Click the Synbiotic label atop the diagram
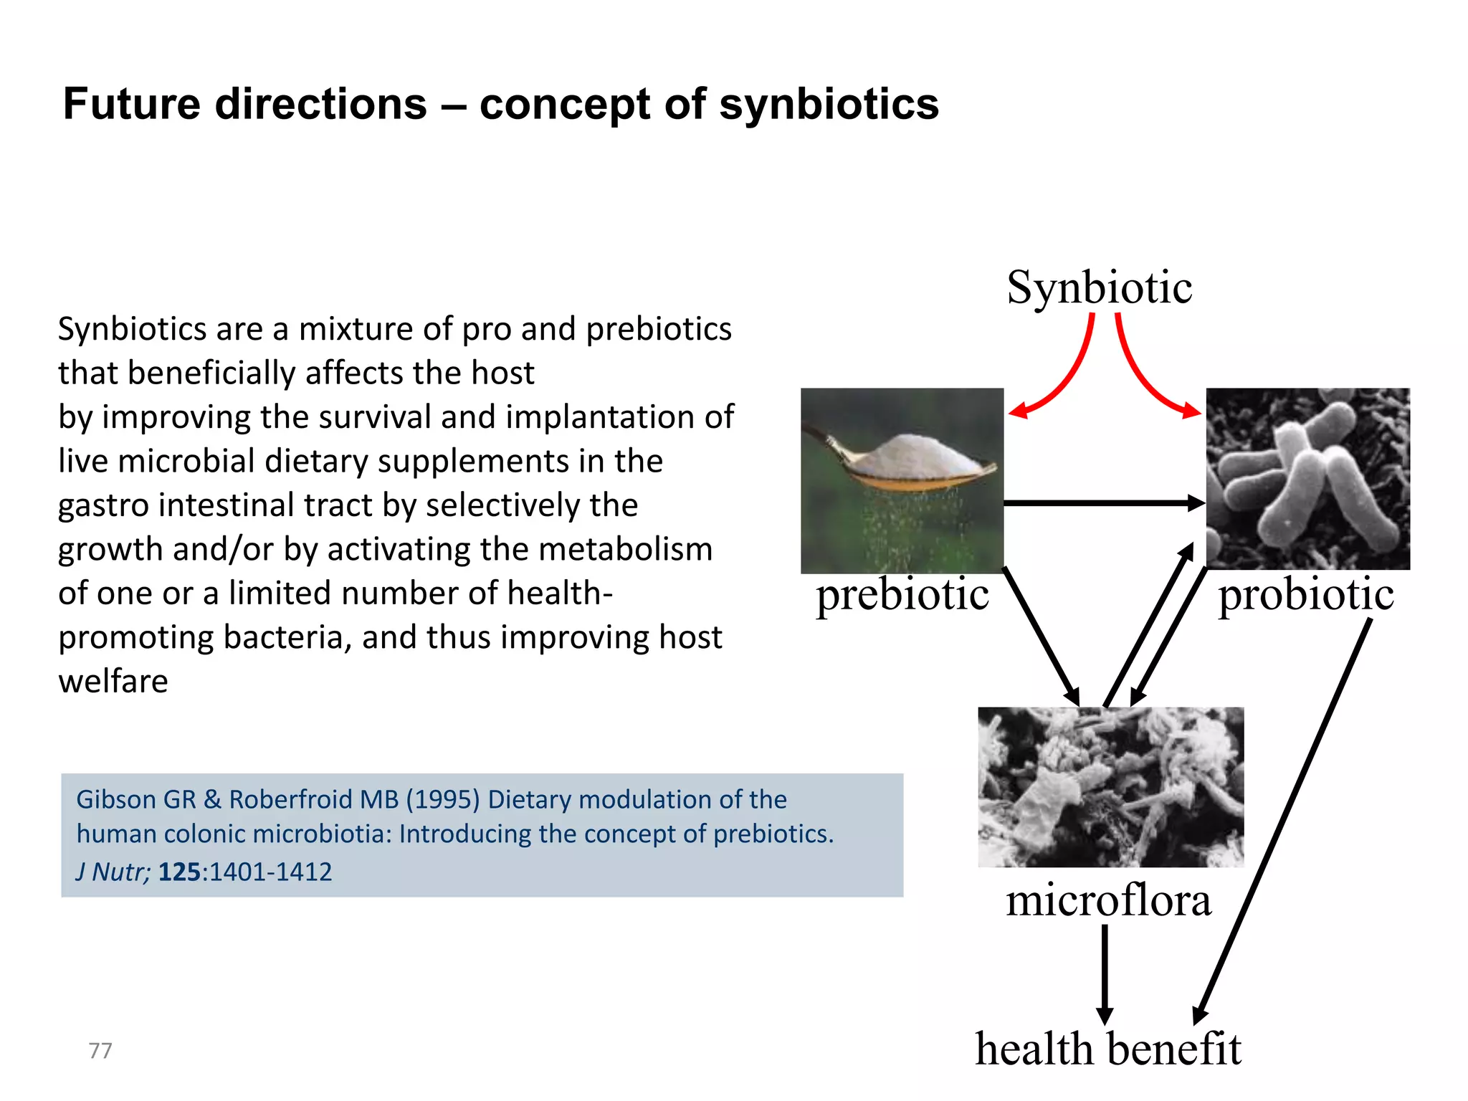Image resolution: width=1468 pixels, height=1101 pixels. [x=1099, y=288]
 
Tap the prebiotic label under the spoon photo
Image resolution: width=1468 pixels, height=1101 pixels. [x=902, y=595]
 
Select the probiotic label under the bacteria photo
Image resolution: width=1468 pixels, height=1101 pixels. [x=1306, y=595]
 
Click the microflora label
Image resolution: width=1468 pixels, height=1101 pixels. [x=1108, y=900]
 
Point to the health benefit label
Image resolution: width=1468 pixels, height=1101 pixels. [x=1107, y=1049]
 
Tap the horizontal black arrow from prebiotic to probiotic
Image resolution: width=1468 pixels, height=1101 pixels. [x=1104, y=503]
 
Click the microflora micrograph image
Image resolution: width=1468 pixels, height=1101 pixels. [x=1110, y=787]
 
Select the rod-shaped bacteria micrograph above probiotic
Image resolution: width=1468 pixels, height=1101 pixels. [x=1307, y=479]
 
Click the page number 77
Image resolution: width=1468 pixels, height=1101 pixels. [x=100, y=1051]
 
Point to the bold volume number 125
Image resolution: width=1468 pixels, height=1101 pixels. [x=179, y=872]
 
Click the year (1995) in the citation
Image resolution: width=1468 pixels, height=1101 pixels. [x=443, y=799]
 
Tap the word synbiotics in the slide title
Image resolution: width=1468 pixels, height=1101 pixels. [x=829, y=104]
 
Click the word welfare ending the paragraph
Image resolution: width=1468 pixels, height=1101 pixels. [x=113, y=682]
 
